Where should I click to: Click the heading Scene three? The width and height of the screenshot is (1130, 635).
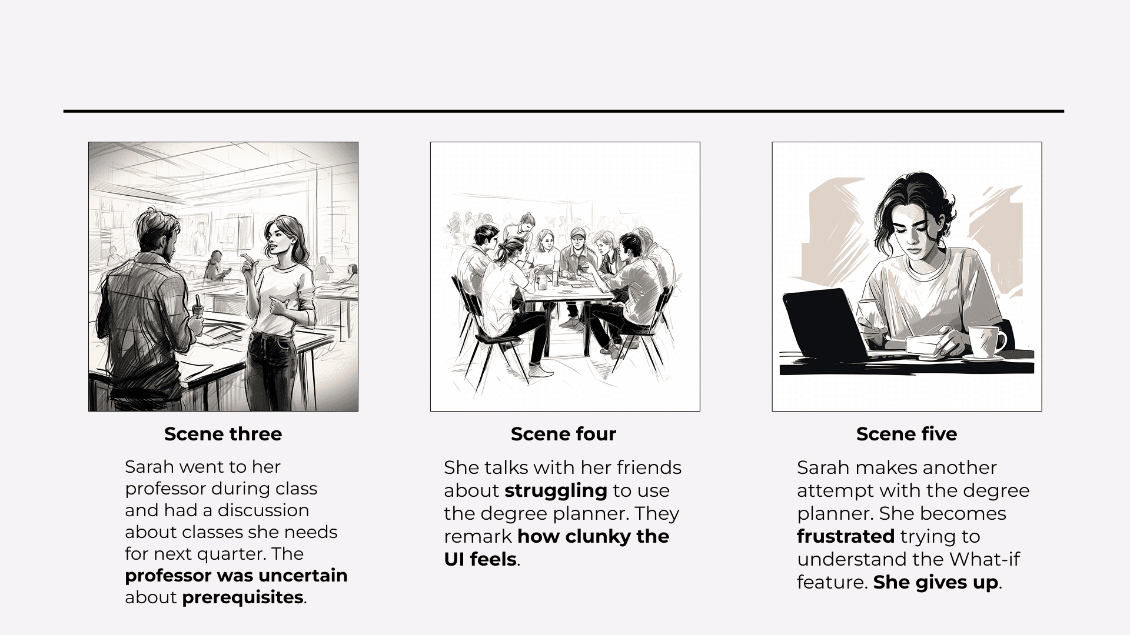click(223, 434)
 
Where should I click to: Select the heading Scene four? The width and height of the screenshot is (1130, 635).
click(563, 434)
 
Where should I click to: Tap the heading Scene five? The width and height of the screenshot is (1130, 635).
click(906, 434)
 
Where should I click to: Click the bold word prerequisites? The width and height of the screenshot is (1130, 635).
click(243, 597)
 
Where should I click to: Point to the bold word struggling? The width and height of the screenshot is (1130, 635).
click(556, 490)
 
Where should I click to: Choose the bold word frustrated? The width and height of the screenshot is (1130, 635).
click(846, 536)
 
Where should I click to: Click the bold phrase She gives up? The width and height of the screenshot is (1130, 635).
click(936, 582)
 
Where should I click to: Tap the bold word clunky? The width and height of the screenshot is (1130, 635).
click(590, 536)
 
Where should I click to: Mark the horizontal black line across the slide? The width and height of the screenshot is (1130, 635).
click(564, 111)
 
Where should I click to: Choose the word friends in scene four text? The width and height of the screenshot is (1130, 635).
click(649, 467)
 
